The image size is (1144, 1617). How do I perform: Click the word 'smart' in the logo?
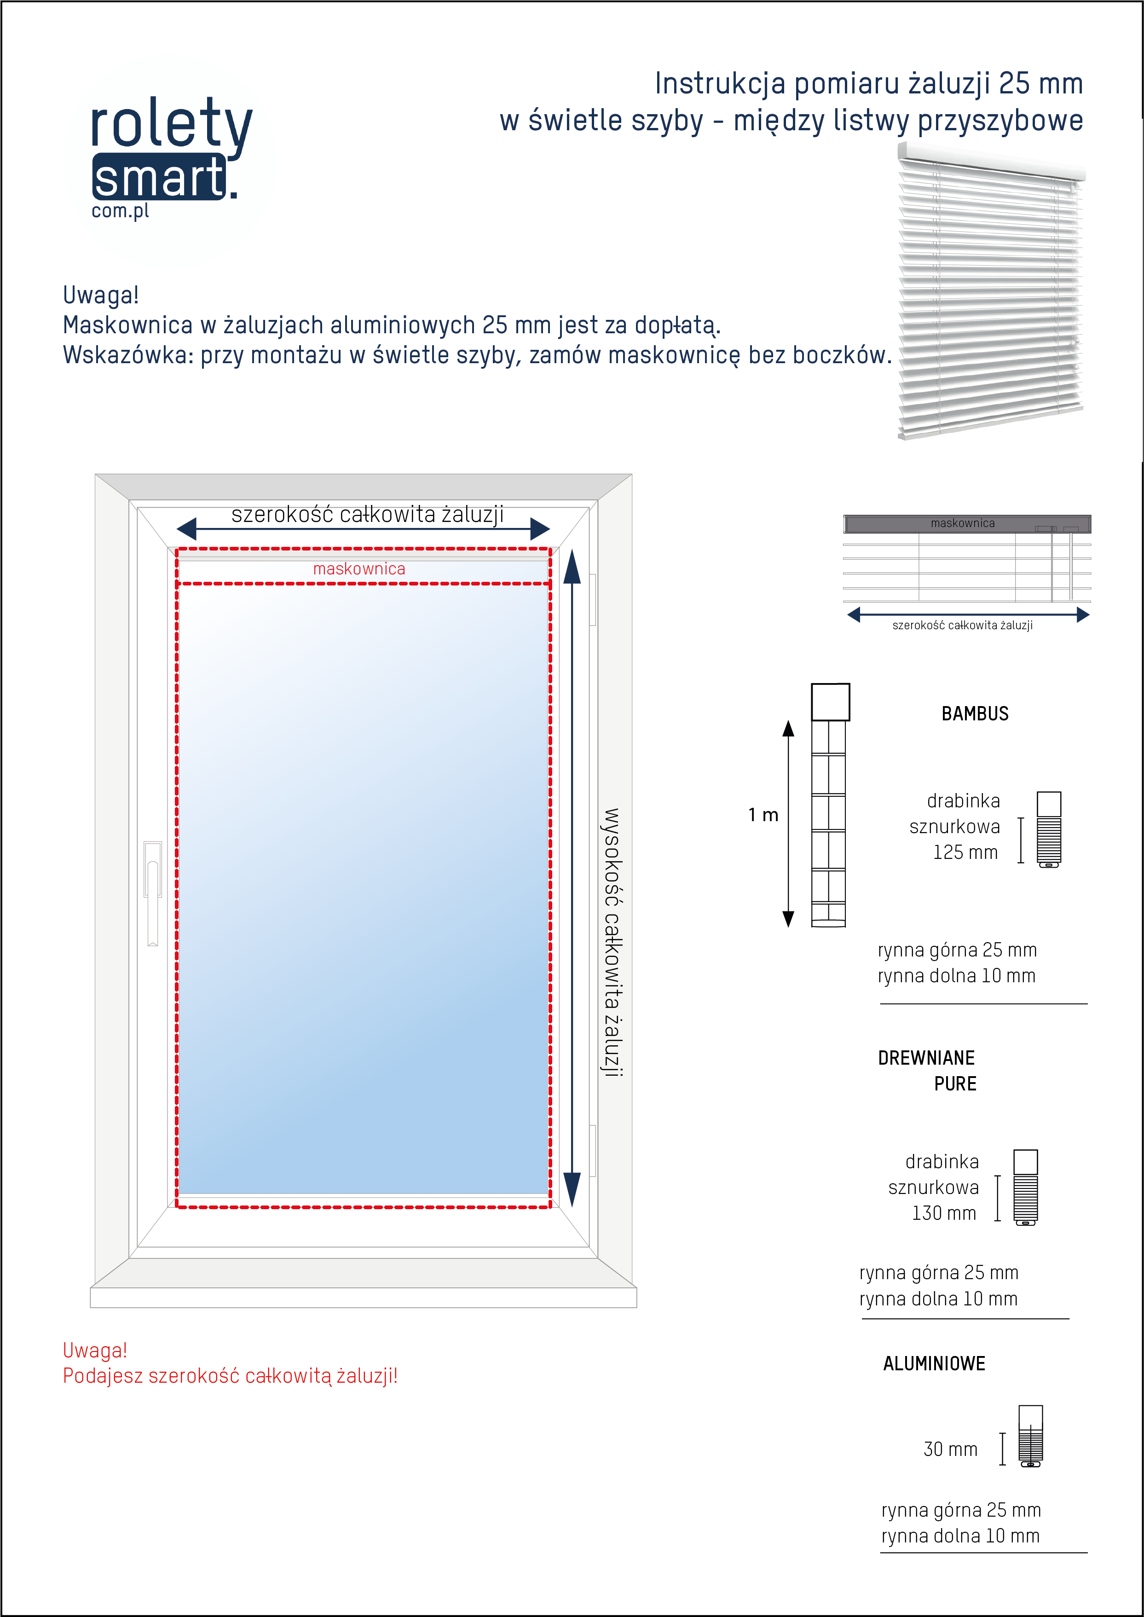(159, 178)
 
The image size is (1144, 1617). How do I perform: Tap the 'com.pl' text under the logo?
(121, 211)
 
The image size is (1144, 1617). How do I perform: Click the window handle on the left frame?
(152, 891)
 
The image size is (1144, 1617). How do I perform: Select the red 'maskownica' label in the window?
(359, 568)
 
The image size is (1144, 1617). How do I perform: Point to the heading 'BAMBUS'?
(975, 714)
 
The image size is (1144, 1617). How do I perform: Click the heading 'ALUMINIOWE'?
(934, 1363)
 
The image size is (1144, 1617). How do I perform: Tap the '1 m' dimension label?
(763, 815)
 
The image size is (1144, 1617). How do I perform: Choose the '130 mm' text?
(944, 1213)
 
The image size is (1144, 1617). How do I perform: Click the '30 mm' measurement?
(950, 1449)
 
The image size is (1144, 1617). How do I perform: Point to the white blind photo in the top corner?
(990, 289)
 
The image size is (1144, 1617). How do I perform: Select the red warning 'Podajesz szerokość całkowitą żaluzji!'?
(231, 1376)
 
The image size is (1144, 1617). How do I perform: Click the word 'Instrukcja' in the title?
(719, 84)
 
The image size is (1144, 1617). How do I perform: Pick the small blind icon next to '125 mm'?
(1049, 829)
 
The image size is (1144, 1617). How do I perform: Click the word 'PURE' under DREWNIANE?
(955, 1084)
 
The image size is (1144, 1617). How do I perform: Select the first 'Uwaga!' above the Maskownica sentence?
(101, 295)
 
